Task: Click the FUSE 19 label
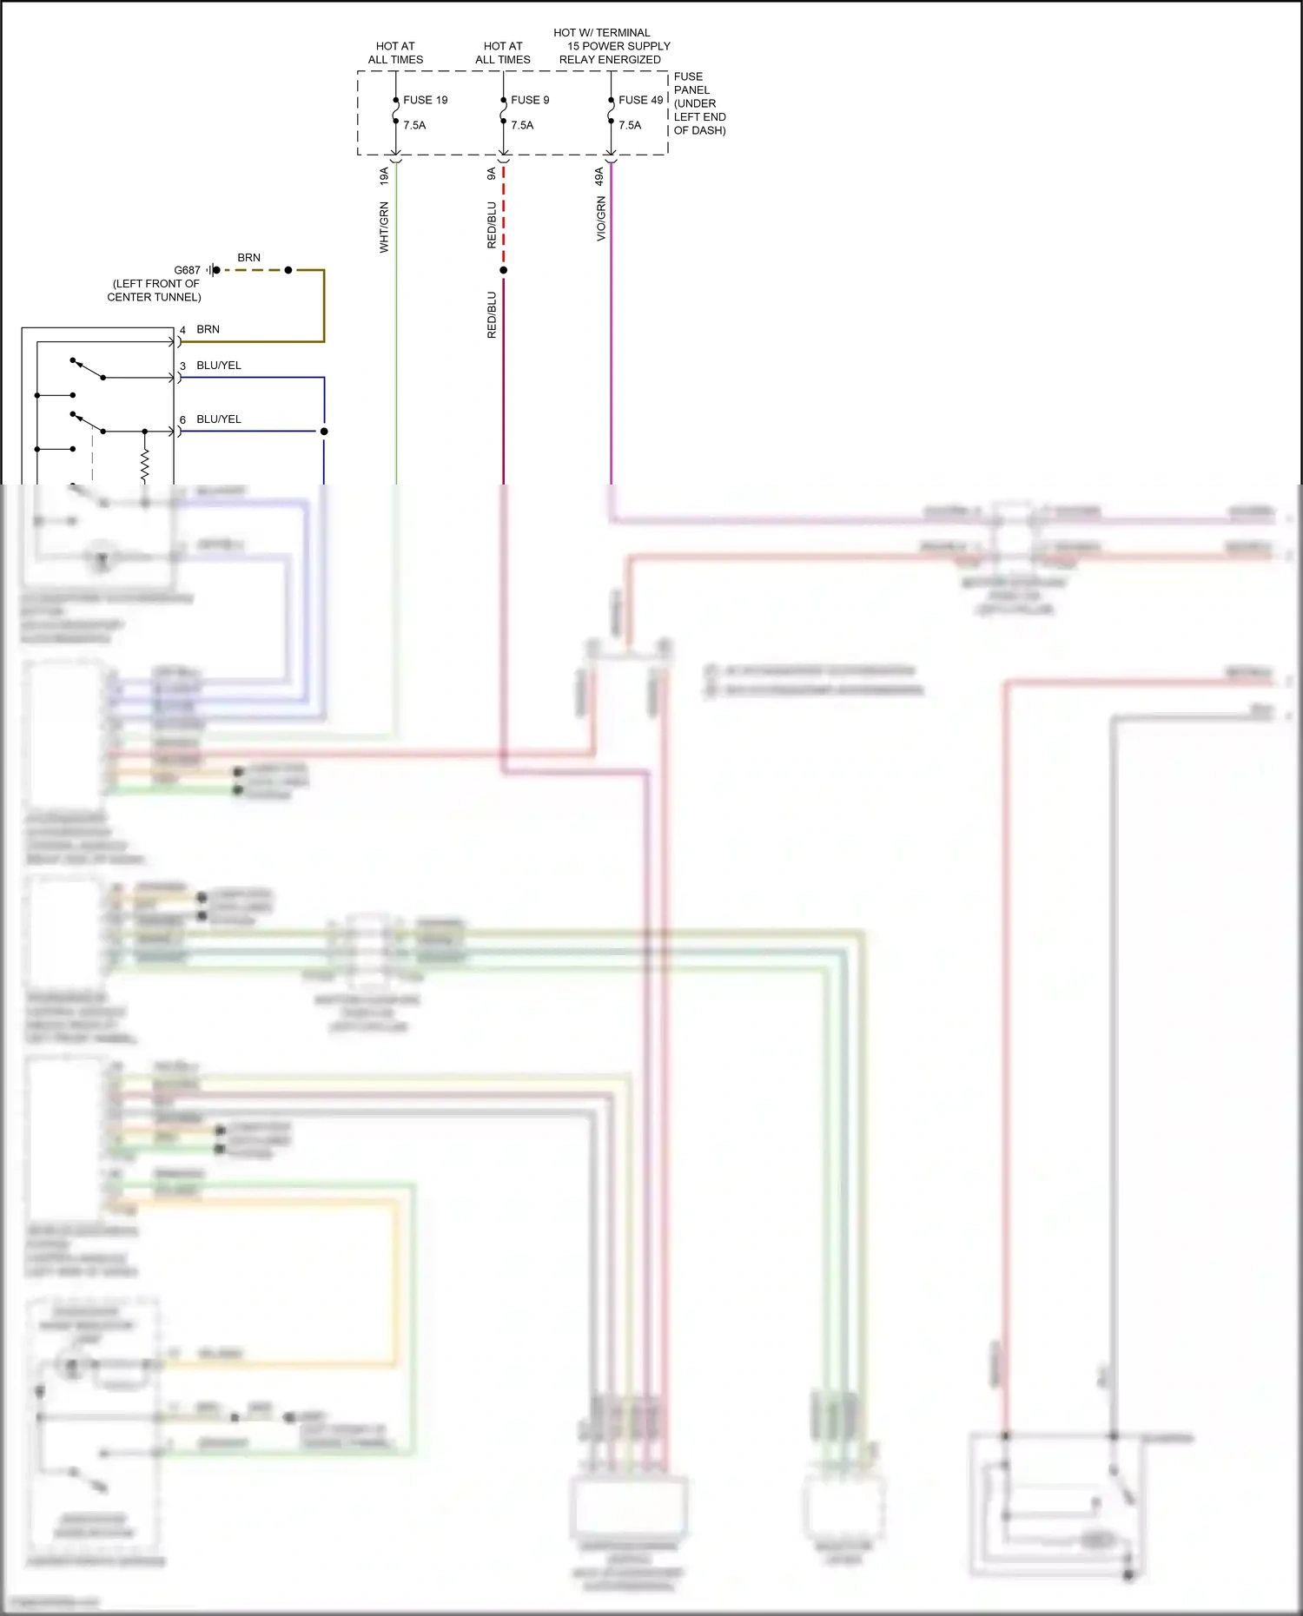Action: (425, 100)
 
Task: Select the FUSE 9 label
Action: (530, 100)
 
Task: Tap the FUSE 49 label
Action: (640, 100)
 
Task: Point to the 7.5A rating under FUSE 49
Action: (630, 125)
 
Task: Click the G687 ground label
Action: (187, 270)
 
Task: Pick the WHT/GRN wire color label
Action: (384, 228)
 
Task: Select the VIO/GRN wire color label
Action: (601, 219)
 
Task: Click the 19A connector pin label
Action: (384, 176)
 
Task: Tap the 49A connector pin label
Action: (599, 176)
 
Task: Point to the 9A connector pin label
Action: (492, 175)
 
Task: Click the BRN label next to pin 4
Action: (208, 329)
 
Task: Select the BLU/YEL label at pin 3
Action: (219, 366)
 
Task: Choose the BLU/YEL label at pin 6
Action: (219, 419)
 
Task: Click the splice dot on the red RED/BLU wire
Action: (503, 270)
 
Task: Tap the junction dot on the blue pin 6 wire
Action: (324, 432)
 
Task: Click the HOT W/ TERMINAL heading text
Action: (601, 33)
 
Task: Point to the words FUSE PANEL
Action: (691, 83)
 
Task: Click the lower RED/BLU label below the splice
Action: (492, 314)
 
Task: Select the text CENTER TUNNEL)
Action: (154, 297)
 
